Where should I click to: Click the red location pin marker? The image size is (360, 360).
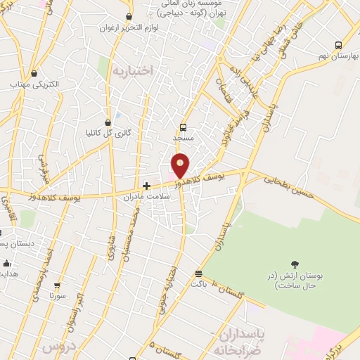(181, 166)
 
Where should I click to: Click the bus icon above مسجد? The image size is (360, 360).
(183, 127)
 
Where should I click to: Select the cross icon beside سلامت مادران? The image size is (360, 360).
(146, 186)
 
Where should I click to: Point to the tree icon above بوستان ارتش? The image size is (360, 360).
(294, 264)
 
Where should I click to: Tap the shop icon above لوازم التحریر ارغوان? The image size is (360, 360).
(129, 17)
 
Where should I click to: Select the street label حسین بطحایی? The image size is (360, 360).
(290, 189)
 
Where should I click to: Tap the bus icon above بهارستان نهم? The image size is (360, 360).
(339, 44)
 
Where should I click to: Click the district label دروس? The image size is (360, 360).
(58, 347)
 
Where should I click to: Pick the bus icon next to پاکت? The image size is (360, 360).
(199, 274)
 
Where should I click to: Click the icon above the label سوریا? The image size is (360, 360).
(57, 285)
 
